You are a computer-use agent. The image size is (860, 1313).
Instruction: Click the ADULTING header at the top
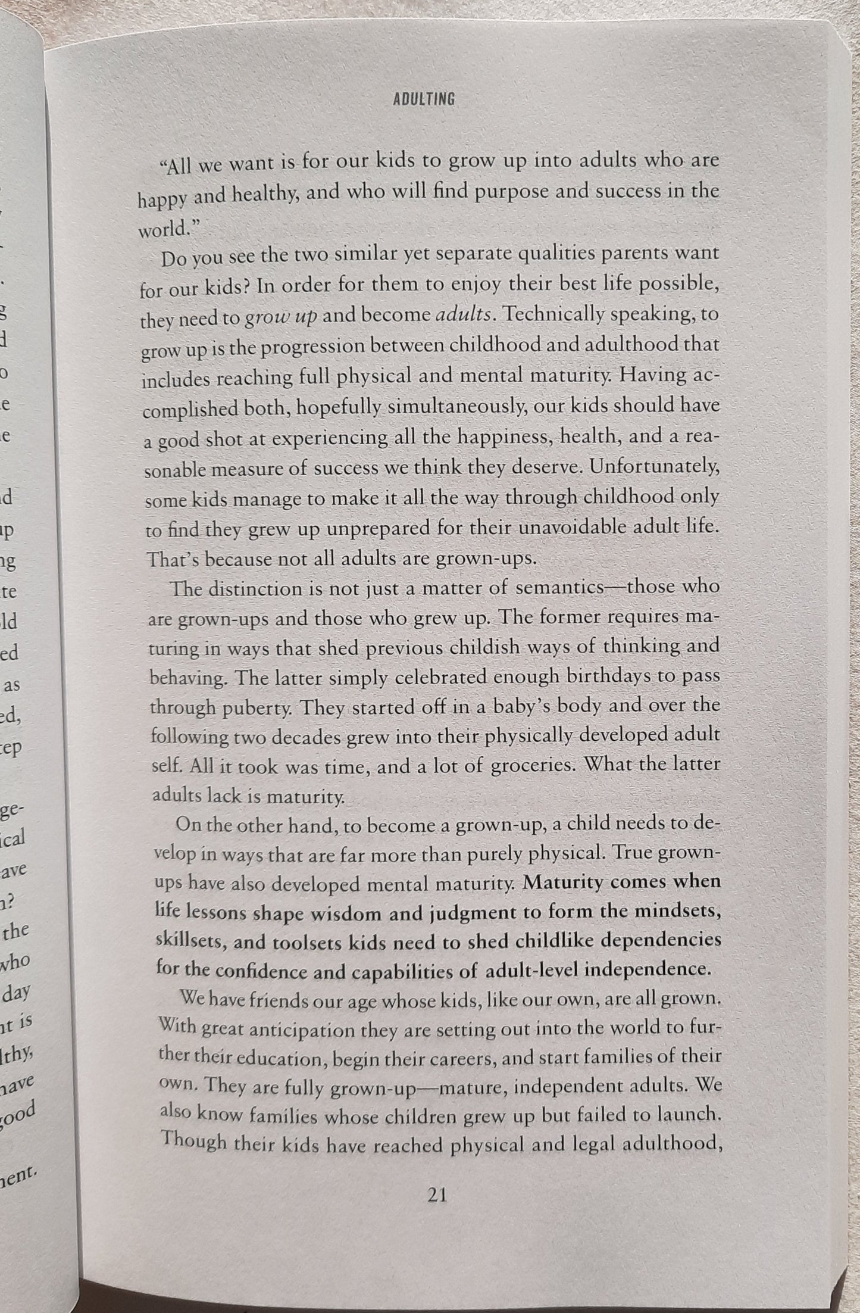(x=424, y=100)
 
